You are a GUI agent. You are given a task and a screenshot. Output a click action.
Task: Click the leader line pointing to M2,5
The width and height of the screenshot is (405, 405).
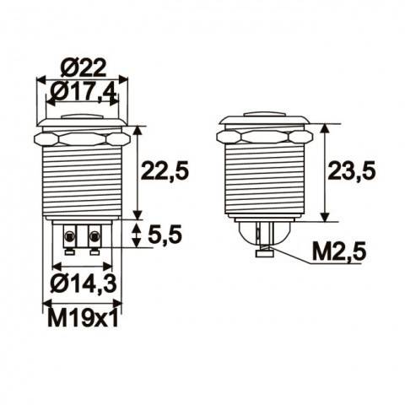point(291,257)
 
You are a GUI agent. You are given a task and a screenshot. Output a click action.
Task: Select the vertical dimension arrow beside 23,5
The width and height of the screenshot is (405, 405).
point(326,172)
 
